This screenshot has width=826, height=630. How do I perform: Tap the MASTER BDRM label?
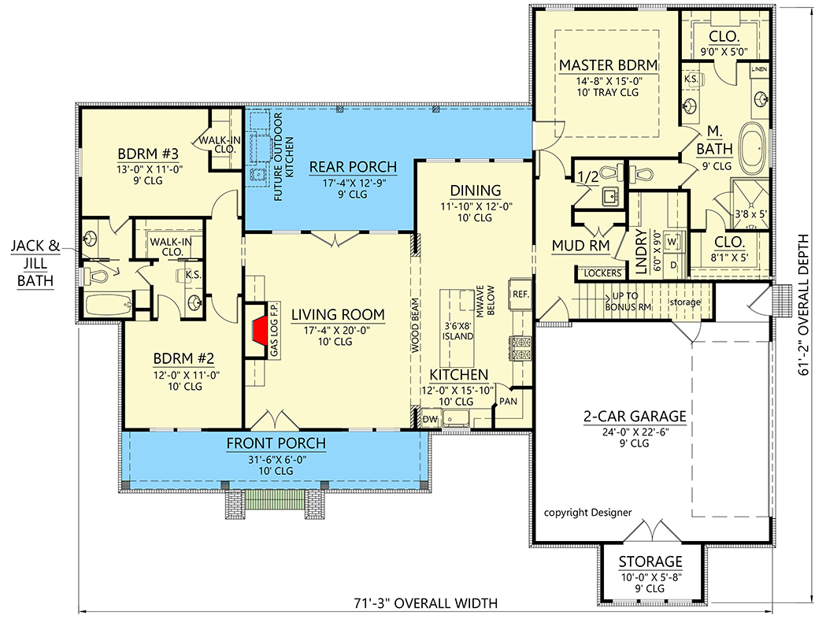pyautogui.click(x=608, y=65)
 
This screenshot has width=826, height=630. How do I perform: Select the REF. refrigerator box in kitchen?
pyautogui.click(x=520, y=294)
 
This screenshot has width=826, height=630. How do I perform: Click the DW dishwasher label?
pyautogui.click(x=430, y=419)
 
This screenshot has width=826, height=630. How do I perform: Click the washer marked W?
pyautogui.click(x=672, y=242)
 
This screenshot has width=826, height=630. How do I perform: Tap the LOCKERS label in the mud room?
pyautogui.click(x=602, y=272)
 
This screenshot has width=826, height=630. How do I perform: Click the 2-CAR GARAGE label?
pyautogui.click(x=634, y=417)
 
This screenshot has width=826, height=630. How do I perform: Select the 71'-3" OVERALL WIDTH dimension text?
pyautogui.click(x=426, y=602)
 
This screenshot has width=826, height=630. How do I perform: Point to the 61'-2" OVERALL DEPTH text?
pyautogui.click(x=803, y=305)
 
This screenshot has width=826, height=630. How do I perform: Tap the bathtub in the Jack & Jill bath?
pyautogui.click(x=109, y=305)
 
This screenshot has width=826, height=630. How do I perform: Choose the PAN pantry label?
pyautogui.click(x=508, y=402)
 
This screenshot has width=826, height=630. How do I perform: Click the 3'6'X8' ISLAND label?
pyautogui.click(x=457, y=331)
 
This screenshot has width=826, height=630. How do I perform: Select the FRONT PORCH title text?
pyautogui.click(x=276, y=443)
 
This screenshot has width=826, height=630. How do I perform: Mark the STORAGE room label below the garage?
pyautogui.click(x=650, y=561)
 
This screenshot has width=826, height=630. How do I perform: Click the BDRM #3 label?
pyautogui.click(x=148, y=154)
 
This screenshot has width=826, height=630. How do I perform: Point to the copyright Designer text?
pyautogui.click(x=587, y=512)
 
